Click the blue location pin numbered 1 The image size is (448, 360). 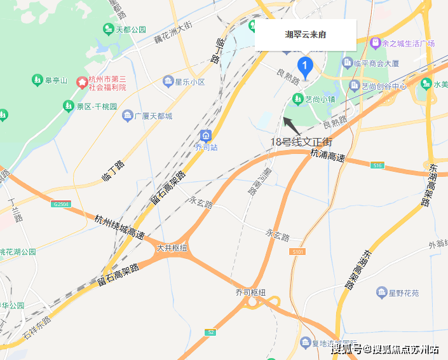click(305, 66)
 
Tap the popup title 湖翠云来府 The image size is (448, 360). click(305, 34)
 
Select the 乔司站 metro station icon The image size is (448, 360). click(206, 135)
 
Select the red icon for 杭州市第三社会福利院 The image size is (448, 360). click(82, 82)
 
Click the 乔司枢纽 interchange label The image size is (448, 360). click(250, 292)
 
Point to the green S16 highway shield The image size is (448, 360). click(377, 165)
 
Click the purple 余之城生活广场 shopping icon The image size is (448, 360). click(375, 43)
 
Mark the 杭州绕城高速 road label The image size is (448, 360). click(119, 226)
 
